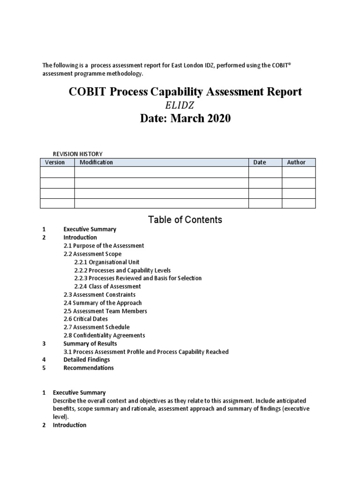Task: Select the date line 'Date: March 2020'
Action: tap(186, 119)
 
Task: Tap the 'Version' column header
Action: tap(55, 162)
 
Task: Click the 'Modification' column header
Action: tap(96, 162)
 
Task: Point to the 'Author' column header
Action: tap(296, 162)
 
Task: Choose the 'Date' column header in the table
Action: tap(259, 162)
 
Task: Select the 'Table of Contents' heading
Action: tap(185, 219)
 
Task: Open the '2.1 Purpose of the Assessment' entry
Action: tap(104, 246)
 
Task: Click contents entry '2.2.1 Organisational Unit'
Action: tap(106, 262)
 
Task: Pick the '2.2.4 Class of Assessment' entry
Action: tap(107, 286)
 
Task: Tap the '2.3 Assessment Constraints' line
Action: tap(99, 295)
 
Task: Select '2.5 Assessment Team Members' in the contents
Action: tap(105, 311)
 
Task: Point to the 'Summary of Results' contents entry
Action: tap(90, 344)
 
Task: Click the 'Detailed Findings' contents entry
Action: tap(87, 360)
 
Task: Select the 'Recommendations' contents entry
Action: tap(89, 368)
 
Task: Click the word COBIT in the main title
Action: tap(88, 92)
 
